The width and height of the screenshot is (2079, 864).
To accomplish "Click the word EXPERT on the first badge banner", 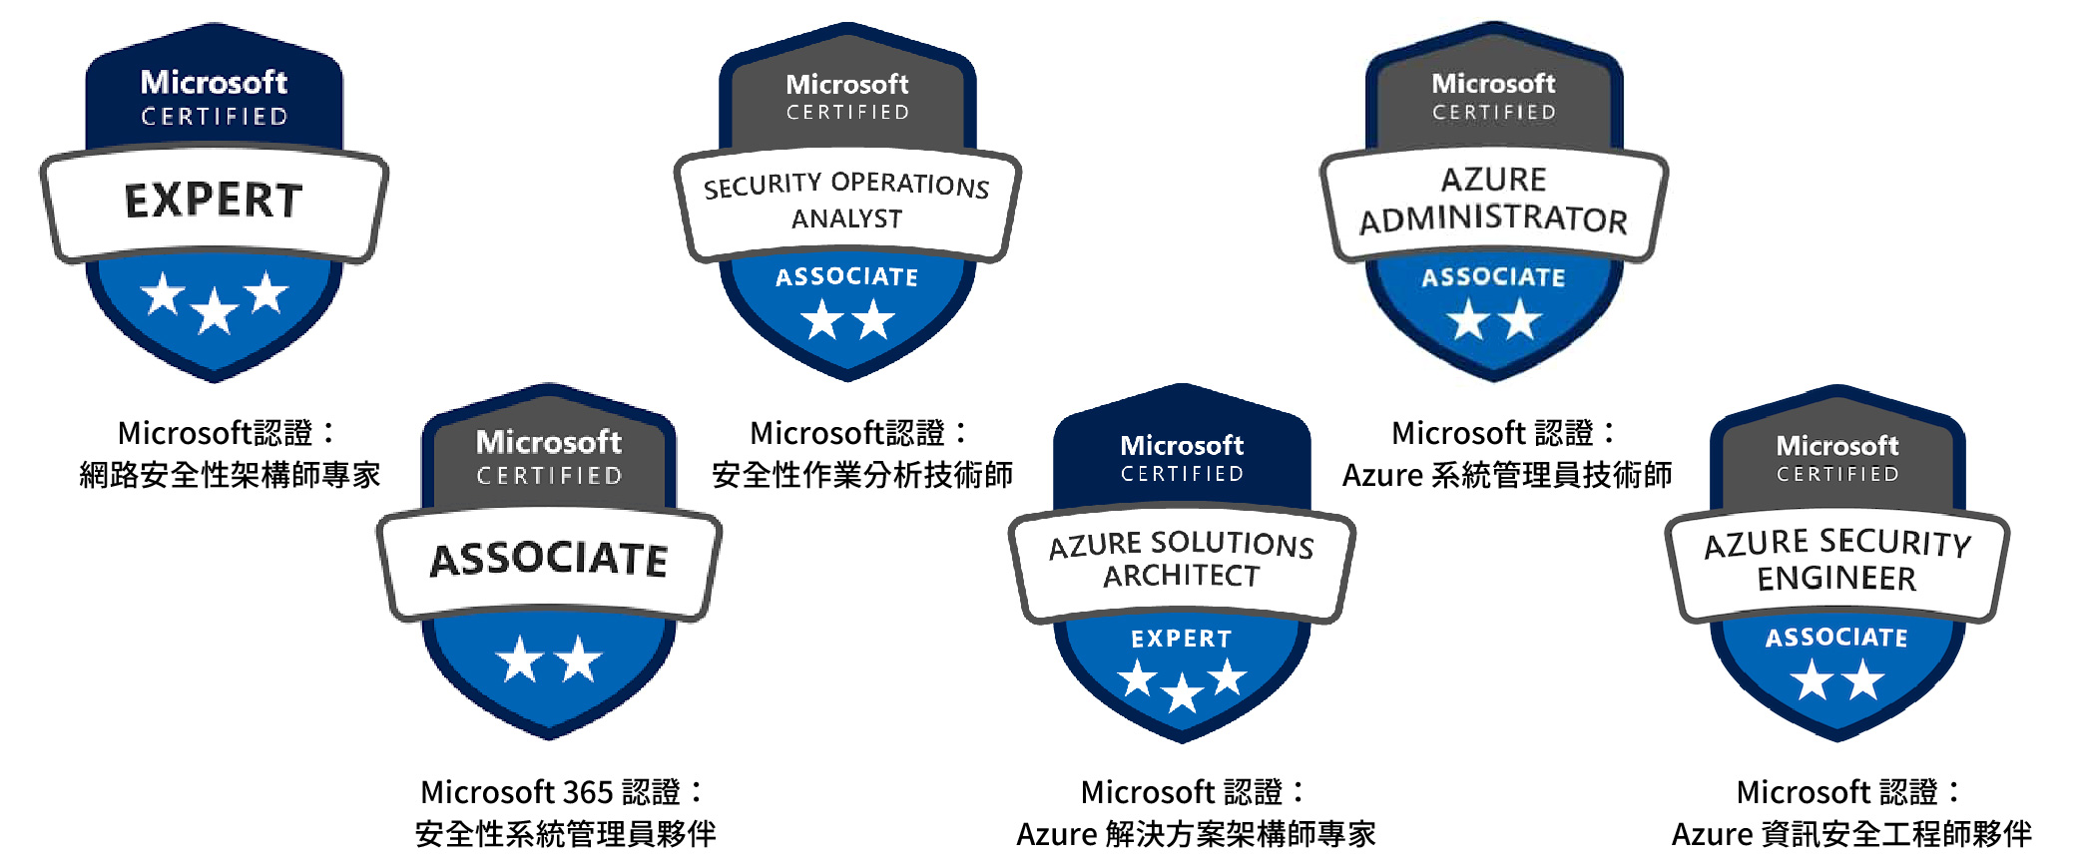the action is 214,201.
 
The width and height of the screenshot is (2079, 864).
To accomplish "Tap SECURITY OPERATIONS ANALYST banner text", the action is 846,201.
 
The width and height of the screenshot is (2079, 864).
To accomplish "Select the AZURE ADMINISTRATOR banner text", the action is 1493,200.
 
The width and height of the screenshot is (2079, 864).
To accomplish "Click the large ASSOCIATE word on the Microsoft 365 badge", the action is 549,559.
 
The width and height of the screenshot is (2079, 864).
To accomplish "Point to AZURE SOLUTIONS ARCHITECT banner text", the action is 1182,560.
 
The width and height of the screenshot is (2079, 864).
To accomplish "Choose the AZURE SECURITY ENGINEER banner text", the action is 1837,560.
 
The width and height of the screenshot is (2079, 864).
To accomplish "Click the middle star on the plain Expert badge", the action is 215,312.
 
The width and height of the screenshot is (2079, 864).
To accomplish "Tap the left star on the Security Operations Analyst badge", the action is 822,319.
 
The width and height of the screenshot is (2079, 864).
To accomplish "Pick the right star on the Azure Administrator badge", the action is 1520,319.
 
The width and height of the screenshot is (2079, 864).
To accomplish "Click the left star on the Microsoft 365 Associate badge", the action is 520,659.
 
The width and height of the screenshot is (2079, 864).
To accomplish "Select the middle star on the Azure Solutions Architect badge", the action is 1183,691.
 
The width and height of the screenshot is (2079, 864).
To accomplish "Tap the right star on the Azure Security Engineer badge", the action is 1863,680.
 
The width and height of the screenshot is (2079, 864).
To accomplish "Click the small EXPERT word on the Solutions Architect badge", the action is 1182,639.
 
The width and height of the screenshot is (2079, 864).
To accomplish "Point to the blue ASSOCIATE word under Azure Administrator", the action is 1493,277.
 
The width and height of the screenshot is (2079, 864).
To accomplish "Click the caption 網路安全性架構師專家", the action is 230,475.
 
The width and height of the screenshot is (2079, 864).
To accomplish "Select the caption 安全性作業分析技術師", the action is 862,475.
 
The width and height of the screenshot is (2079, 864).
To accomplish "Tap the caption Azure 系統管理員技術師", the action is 1507,475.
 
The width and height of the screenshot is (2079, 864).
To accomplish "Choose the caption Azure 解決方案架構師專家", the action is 1196,834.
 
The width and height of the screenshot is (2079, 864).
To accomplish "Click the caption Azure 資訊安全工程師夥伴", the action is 1851,834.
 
